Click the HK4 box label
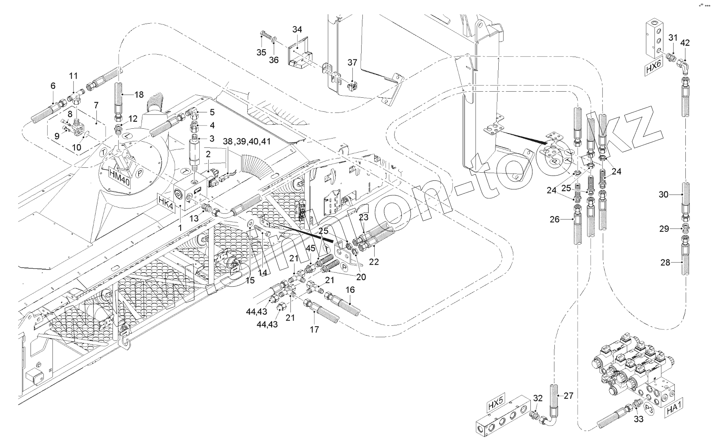pos(167,202)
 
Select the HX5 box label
pos(496,406)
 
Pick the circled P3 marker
pos(650,409)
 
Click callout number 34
pos(297,29)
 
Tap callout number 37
pos(352,62)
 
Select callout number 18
pos(139,94)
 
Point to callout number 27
pos(568,395)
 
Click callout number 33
pos(638,419)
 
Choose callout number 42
pos(685,42)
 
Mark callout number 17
pos(314,329)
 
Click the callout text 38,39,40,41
pos(247,141)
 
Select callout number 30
pos(663,195)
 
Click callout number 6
pos(53,86)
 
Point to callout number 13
pos(194,218)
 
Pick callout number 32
pos(538,398)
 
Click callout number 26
pos(554,220)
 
